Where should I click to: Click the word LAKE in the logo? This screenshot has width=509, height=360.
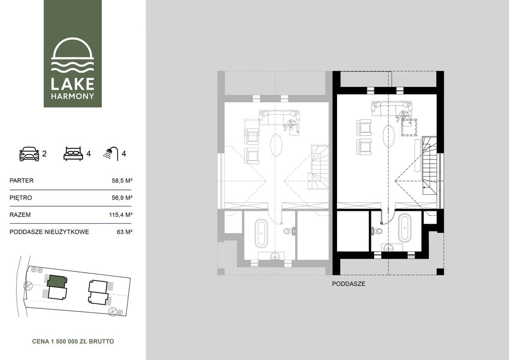(73, 84)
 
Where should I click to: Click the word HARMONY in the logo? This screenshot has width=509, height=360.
(73, 96)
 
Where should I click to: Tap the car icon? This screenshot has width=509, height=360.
(29, 154)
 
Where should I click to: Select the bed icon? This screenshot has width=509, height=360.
(73, 154)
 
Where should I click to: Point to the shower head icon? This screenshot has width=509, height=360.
(111, 153)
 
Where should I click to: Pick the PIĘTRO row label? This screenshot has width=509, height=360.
(21, 198)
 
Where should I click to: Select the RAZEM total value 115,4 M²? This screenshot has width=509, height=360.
(120, 215)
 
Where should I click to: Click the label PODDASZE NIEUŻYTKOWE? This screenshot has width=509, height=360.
(49, 232)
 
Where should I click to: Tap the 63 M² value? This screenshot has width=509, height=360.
(125, 232)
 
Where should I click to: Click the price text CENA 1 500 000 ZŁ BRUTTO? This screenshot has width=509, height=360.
(73, 342)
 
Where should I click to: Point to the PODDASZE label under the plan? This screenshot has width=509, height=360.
(348, 284)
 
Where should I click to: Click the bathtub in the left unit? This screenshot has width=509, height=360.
(261, 232)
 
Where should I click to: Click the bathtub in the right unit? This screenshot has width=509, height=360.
(405, 228)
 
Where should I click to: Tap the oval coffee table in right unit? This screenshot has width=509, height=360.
(389, 136)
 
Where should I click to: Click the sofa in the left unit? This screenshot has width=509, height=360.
(279, 117)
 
